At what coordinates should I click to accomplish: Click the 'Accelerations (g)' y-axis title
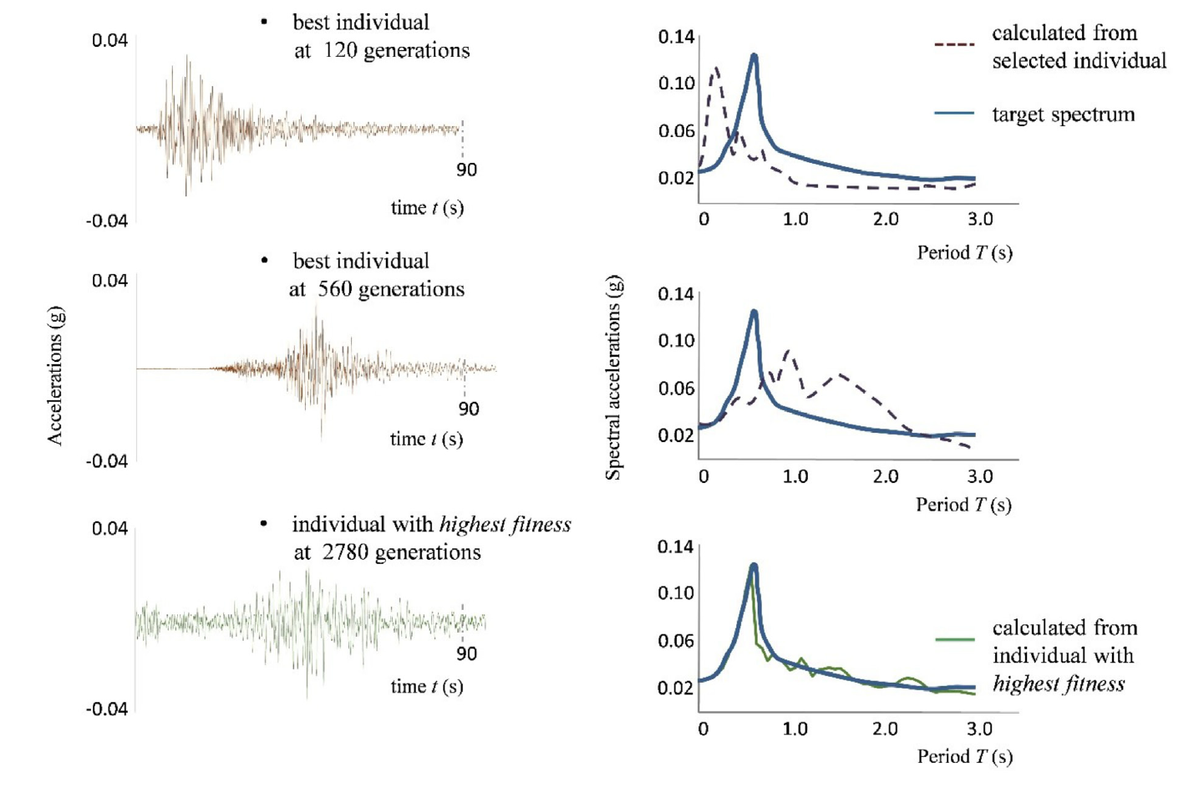(55, 375)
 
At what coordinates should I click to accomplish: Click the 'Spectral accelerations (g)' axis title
(613, 378)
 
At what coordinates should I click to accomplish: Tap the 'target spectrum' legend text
(1063, 114)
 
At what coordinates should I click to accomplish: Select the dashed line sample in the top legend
(954, 43)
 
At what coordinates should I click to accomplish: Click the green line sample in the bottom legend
(954, 639)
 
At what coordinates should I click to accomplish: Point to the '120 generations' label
(396, 51)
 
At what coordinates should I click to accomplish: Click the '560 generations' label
(391, 289)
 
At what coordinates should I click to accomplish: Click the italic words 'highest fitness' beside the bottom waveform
(505, 525)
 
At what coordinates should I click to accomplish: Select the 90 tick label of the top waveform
(466, 170)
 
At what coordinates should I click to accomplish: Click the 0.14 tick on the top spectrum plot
(676, 37)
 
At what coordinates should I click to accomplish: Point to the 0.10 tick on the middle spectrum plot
(676, 341)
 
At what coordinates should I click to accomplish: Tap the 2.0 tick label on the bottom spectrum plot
(885, 729)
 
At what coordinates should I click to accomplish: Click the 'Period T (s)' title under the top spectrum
(964, 252)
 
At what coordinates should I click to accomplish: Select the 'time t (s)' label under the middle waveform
(426, 440)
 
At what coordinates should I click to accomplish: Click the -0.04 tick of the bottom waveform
(107, 709)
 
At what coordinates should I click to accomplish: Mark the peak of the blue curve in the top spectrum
(754, 57)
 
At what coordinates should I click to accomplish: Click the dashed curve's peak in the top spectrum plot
(715, 69)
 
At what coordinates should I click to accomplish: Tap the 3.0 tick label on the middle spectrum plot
(979, 476)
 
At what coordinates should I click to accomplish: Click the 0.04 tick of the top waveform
(109, 40)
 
